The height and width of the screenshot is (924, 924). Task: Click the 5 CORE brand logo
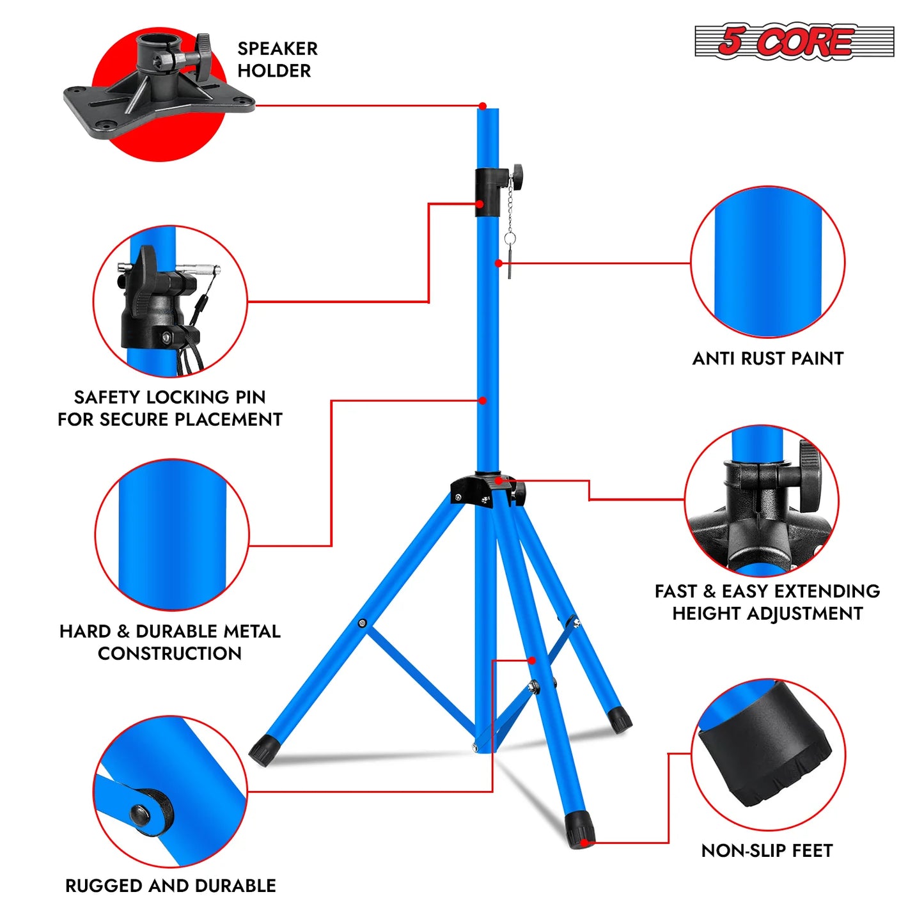click(794, 42)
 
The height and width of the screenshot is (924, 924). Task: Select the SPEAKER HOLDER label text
click(277, 59)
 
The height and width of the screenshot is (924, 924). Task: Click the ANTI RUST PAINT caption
click(767, 359)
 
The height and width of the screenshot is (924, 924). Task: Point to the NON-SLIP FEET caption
click(767, 850)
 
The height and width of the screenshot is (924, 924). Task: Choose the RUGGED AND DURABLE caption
click(171, 886)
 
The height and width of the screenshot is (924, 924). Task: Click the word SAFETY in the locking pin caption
click(108, 397)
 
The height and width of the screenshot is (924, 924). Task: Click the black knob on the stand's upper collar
click(516, 173)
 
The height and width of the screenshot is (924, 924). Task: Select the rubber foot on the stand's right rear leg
click(619, 719)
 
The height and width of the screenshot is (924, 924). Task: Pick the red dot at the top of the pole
click(483, 106)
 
